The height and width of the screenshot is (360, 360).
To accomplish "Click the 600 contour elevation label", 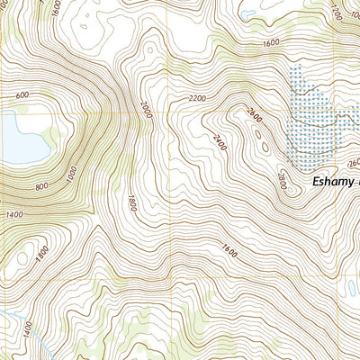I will pyautogui.click(x=22, y=95).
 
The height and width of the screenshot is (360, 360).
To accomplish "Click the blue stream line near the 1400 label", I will pyautogui.click(x=11, y=320).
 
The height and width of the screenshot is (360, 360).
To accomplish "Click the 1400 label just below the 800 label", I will pyautogui.click(x=14, y=212).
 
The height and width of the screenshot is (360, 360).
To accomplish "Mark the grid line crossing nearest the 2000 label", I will pyautogui.click(x=170, y=113).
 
